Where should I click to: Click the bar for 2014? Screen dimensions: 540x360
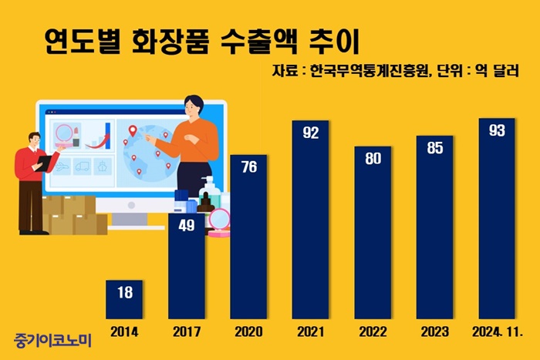(124, 299)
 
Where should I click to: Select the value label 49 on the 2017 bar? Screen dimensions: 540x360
(187, 226)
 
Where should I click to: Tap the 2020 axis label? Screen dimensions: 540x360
(248, 331)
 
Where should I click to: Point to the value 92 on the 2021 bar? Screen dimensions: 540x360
(310, 133)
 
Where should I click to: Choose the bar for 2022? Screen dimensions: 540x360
(373, 233)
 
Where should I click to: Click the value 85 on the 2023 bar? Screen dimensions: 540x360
(434, 148)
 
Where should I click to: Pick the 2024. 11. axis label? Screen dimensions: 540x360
(498, 331)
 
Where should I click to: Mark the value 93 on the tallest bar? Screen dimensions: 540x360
(497, 130)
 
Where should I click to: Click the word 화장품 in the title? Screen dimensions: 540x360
(170, 42)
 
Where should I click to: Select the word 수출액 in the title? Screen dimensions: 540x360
(258, 42)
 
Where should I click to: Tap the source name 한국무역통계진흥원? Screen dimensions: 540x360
(369, 71)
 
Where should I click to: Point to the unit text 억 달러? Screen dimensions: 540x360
(497, 71)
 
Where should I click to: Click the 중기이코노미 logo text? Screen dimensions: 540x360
(52, 341)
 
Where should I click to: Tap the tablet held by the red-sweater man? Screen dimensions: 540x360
(43, 163)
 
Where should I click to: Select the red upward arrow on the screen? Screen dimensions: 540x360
(98, 141)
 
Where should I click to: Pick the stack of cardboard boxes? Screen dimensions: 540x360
(74, 215)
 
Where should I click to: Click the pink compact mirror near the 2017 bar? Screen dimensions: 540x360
(219, 223)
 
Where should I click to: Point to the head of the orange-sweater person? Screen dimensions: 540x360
(194, 105)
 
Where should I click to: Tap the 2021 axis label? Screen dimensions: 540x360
(310, 331)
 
